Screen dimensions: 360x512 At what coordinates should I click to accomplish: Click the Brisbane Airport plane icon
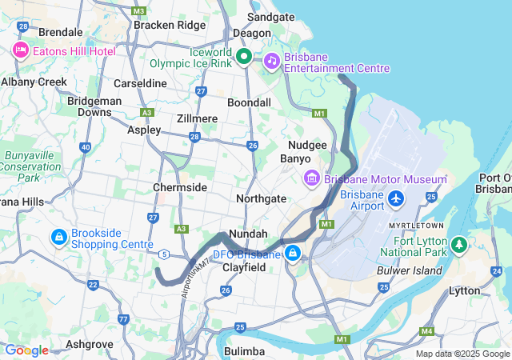pyautogui.click(x=395, y=198)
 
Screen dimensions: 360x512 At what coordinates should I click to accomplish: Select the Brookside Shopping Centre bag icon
pyautogui.click(x=58, y=238)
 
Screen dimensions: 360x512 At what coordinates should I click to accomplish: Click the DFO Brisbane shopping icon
pyautogui.click(x=294, y=254)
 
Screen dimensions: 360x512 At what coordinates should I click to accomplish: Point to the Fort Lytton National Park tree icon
pyautogui.click(x=459, y=244)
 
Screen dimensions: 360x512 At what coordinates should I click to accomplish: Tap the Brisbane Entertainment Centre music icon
pyautogui.click(x=272, y=60)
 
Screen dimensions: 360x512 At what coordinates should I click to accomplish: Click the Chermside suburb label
pyautogui.click(x=180, y=187)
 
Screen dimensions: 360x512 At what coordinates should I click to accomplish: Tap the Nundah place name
pyautogui.click(x=242, y=234)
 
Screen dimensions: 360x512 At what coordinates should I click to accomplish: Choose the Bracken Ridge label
pyautogui.click(x=170, y=25)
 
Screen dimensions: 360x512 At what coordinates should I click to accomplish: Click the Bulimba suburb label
pyautogui.click(x=245, y=351)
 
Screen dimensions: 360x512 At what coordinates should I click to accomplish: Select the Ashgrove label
pyautogui.click(x=90, y=343)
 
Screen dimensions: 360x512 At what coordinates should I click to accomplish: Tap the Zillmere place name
pyautogui.click(x=196, y=118)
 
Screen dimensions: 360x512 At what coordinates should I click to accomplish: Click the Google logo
pyautogui.click(x=26, y=350)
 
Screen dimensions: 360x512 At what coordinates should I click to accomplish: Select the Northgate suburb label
pyautogui.click(x=262, y=198)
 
